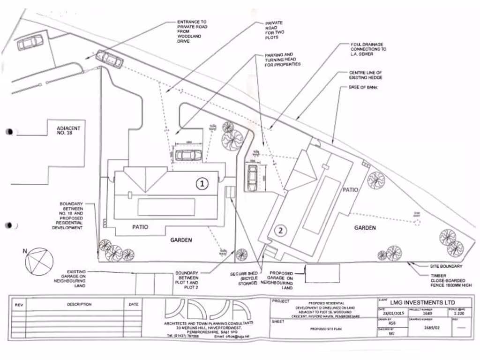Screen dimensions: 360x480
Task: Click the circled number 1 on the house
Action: coord(202,184)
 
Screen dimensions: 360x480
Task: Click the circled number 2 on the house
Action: coord(280,230)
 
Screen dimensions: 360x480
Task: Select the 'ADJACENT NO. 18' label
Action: coord(68,131)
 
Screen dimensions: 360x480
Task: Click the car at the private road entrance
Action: coord(109,60)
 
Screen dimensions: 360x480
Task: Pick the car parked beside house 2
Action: coord(252,178)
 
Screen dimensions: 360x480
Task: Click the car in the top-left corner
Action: coord(30,43)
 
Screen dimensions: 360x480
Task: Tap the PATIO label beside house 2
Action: coord(350,190)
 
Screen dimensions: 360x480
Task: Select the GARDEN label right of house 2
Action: coord(365,228)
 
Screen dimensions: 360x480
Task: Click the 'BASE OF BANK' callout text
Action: coord(364,88)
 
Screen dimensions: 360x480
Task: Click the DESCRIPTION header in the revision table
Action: coord(79,304)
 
